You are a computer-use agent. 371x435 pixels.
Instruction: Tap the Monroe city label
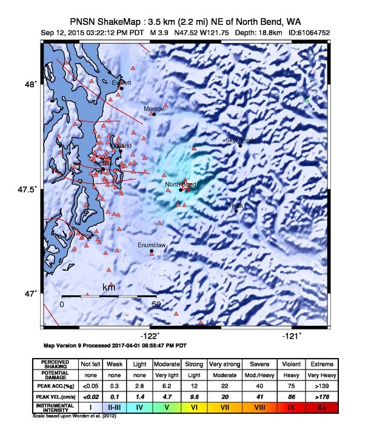click(x=153, y=108)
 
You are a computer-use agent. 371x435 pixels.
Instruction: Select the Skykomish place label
click(x=240, y=140)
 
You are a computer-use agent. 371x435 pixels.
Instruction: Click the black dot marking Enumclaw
click(x=152, y=251)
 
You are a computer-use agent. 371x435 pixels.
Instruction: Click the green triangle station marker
click(x=307, y=99)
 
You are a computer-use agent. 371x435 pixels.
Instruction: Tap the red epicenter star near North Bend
click(x=186, y=188)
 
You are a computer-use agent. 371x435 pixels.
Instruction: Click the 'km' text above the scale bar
click(x=109, y=287)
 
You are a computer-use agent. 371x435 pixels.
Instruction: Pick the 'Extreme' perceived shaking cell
click(x=322, y=364)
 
